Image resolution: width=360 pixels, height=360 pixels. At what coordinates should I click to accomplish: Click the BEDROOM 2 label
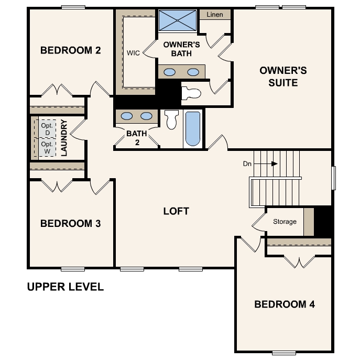point(70,51)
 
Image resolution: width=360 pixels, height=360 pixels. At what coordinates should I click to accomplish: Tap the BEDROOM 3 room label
point(70,224)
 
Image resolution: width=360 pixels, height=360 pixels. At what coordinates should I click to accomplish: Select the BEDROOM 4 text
point(285,304)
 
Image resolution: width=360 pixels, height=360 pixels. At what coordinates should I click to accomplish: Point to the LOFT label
point(176,212)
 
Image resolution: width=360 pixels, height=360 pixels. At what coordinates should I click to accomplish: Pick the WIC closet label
point(133,53)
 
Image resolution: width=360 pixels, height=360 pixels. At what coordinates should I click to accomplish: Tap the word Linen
point(215,15)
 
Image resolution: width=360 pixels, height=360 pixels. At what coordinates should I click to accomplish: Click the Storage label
point(285,222)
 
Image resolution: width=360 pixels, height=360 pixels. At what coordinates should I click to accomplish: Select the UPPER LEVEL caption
point(65,287)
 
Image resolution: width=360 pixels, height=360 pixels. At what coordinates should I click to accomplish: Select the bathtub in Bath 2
point(193,129)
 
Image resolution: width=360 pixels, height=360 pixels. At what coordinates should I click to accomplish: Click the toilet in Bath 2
point(171,120)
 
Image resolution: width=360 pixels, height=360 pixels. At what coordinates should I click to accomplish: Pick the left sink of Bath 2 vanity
point(127,116)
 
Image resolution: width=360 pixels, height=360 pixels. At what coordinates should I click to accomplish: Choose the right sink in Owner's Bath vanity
point(193,72)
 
